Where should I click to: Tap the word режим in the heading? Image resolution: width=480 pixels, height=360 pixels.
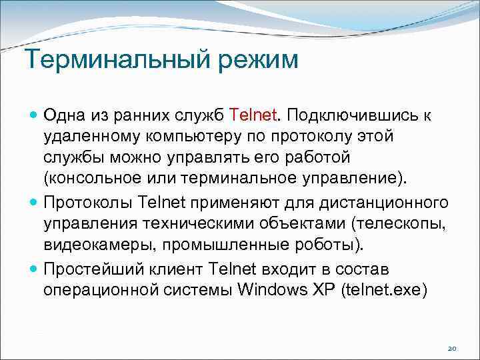tap(256, 62)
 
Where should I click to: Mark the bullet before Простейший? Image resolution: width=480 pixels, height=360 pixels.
tap(34, 269)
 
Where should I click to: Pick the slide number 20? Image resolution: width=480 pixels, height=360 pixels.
tap(451, 349)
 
